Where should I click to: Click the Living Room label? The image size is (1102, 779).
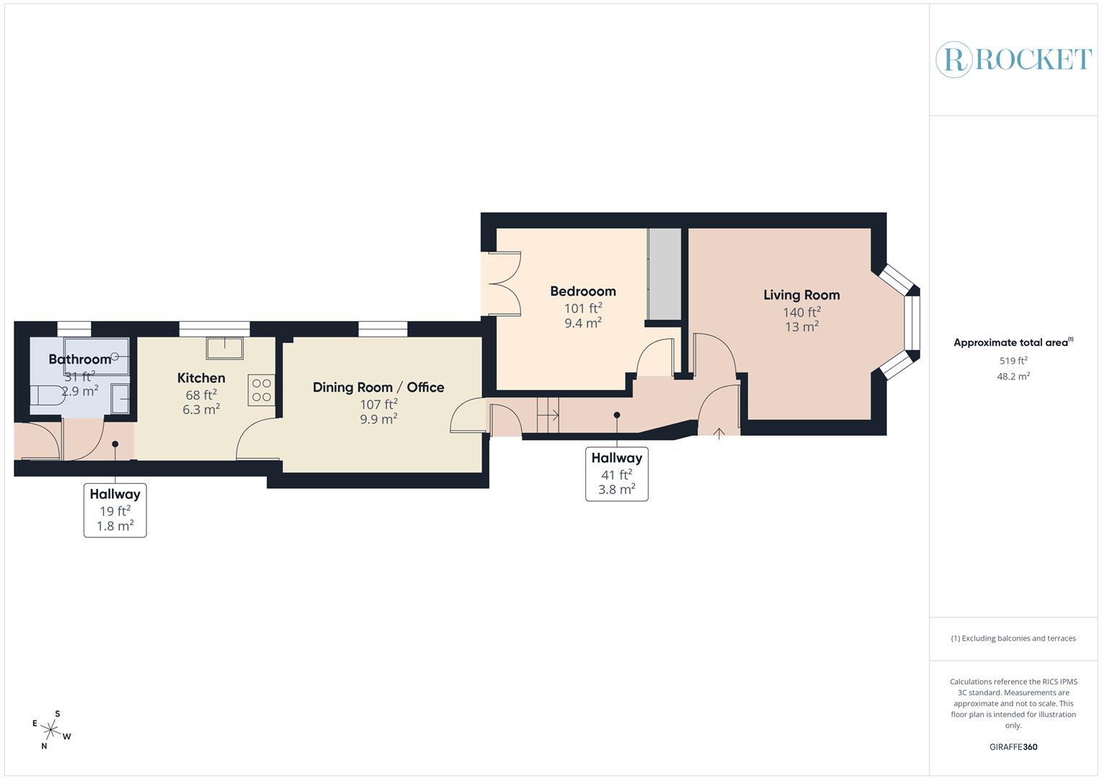[x=801, y=295]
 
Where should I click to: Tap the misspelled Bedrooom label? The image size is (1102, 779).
[x=582, y=291]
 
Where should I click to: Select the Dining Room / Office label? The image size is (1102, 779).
[x=378, y=387]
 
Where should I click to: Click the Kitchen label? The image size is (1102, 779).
[x=201, y=378]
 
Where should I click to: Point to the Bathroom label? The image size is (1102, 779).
[x=79, y=359]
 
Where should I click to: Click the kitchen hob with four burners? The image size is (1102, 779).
[x=262, y=390]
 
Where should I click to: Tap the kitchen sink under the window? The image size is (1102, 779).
[x=224, y=348]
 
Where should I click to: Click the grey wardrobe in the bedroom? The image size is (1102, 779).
[x=664, y=274]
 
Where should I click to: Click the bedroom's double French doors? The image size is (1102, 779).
[x=503, y=283]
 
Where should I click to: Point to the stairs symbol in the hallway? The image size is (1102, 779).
[x=548, y=415]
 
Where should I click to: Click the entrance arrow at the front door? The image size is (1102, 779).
[x=719, y=433]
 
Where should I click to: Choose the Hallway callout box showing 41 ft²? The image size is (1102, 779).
[x=616, y=474]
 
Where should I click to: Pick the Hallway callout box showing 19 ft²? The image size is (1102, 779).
[x=115, y=510]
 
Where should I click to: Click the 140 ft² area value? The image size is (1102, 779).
[x=801, y=312]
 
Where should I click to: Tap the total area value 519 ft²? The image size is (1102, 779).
[x=1013, y=361]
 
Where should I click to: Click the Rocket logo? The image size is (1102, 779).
[x=1013, y=59]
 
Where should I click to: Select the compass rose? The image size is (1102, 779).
[x=51, y=730]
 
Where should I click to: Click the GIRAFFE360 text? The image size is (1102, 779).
[x=1013, y=747]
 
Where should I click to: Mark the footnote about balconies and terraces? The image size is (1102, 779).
[x=1013, y=638]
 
